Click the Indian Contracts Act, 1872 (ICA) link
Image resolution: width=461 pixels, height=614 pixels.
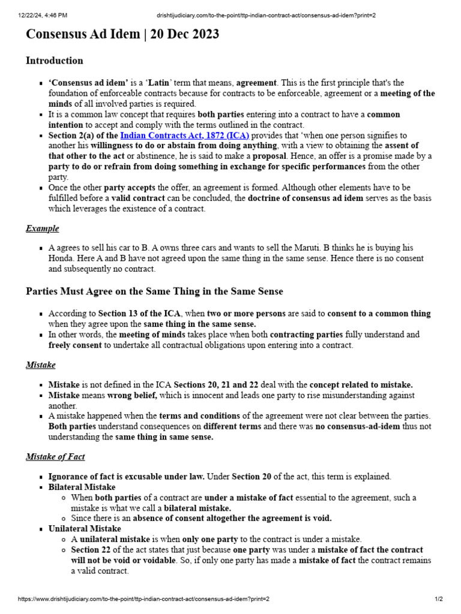184,136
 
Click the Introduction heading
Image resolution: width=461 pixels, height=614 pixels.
54,61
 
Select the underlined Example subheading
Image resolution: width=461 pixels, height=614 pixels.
42,228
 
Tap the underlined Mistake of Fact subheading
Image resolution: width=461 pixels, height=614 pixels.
55,457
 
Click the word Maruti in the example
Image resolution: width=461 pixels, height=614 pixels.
346,248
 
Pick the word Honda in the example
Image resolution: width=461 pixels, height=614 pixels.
61,259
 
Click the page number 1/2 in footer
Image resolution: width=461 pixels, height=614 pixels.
438,599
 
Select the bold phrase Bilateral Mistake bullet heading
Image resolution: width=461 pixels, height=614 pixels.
82,487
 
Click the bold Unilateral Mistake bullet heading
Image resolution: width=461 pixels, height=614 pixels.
85,529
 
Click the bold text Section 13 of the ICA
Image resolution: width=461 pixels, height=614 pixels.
130,314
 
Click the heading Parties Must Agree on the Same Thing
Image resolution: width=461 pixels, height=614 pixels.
154,291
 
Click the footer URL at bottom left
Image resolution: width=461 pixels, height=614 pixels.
135,599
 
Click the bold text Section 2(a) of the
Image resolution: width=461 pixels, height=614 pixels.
83,136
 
